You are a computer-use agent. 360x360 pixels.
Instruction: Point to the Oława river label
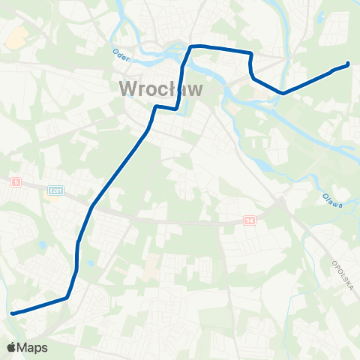coord(332,201)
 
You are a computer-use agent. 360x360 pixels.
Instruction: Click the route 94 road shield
coord(250,221)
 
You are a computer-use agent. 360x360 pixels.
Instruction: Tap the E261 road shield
coord(54,190)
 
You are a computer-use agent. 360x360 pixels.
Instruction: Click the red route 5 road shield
coord(15,181)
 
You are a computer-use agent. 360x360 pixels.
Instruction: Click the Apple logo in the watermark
coord(11,347)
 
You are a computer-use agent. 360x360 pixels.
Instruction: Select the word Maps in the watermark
coord(32,347)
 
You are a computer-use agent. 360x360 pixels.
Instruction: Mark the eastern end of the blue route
coord(347,64)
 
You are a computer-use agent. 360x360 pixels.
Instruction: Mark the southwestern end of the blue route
coord(13,313)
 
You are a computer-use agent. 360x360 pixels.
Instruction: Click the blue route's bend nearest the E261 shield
coord(91,207)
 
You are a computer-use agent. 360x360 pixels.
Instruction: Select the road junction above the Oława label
coord(282,201)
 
